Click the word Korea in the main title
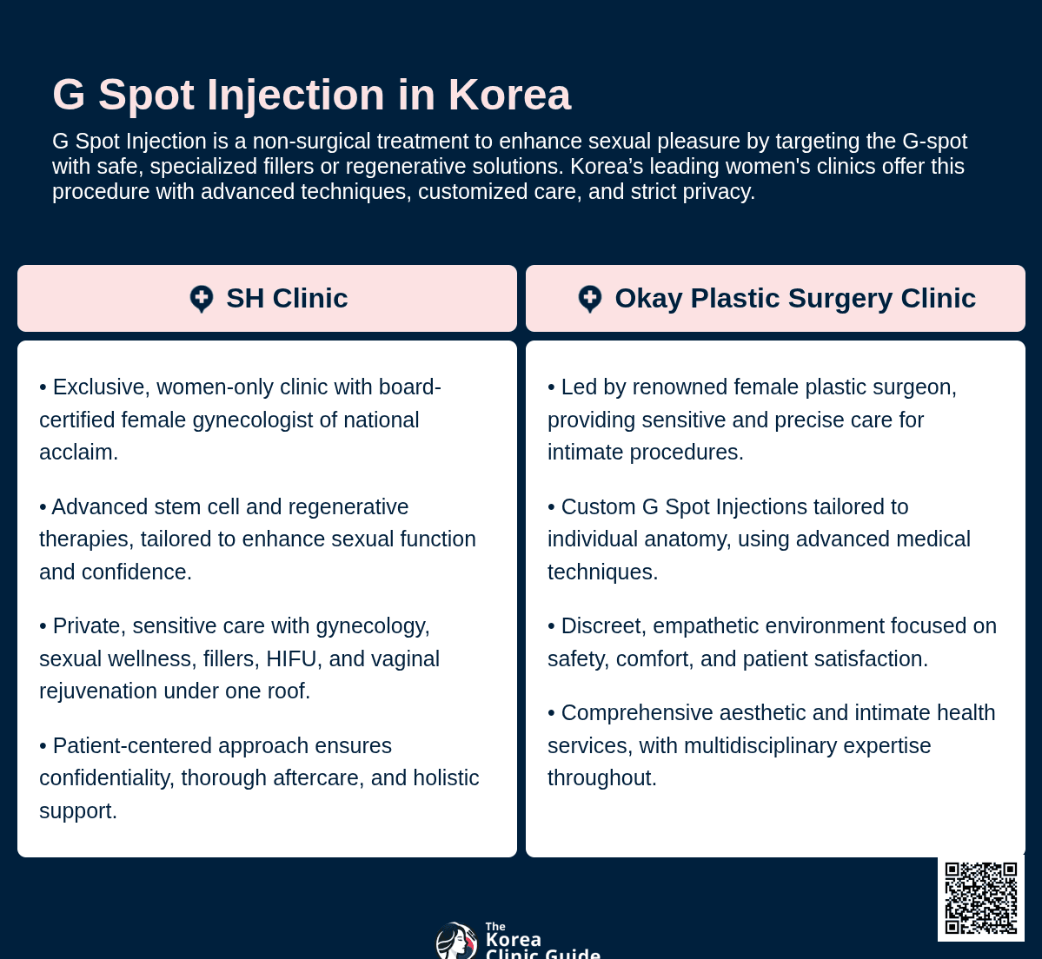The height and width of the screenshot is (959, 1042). tap(509, 95)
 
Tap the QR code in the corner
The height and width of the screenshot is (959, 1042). tap(980, 898)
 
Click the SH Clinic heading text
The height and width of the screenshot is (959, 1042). tap(287, 298)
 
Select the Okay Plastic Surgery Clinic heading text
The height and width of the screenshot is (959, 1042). tap(795, 298)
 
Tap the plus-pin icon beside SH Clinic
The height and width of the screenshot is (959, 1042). tap(202, 299)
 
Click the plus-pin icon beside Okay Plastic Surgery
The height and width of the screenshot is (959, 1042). tap(590, 299)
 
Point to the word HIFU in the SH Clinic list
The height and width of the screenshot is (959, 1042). tap(291, 658)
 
